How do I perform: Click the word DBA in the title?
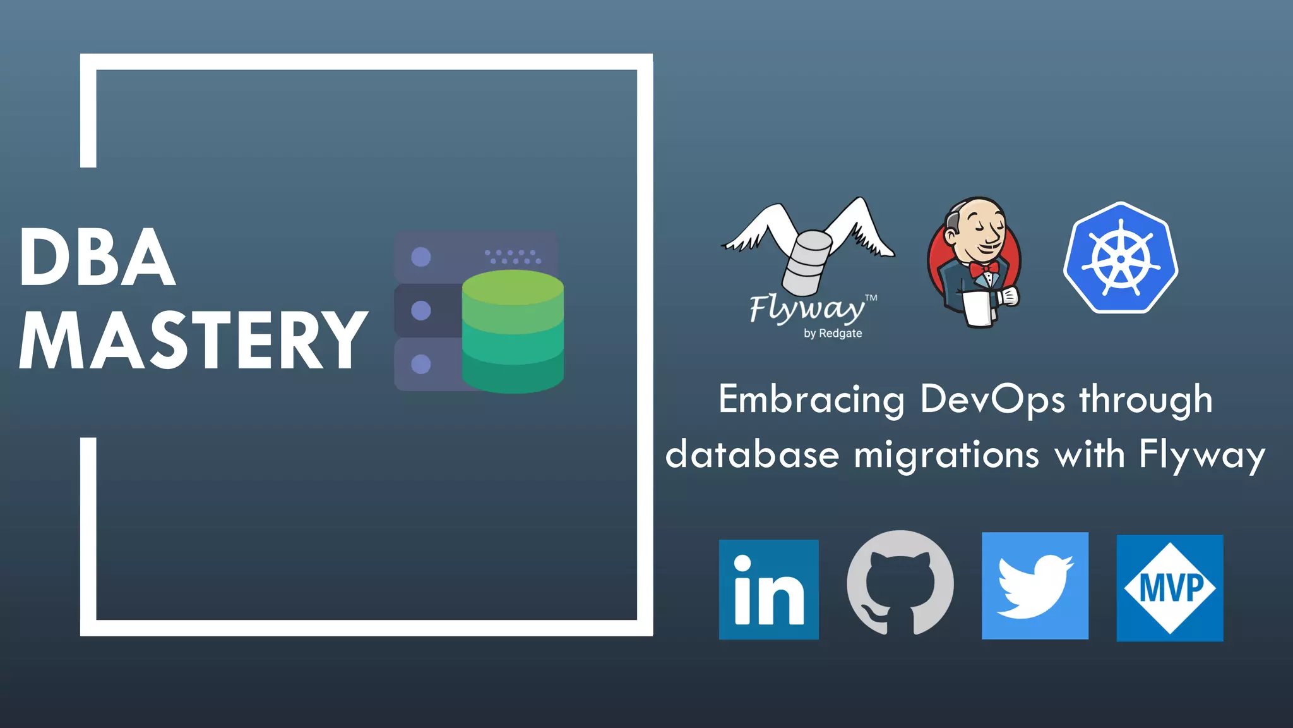97,258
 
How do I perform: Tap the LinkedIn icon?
768,590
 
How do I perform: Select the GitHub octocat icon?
900,583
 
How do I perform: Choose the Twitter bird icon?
1034,586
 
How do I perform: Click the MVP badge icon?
1169,588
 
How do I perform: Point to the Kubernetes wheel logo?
1121,258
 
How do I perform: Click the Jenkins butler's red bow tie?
983,270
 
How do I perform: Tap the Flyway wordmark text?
807,308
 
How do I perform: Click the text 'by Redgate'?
832,333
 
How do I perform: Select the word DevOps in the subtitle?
992,399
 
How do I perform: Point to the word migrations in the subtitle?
946,455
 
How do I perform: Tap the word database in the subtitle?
752,455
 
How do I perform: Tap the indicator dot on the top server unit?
421,257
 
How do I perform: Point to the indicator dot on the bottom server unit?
421,364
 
